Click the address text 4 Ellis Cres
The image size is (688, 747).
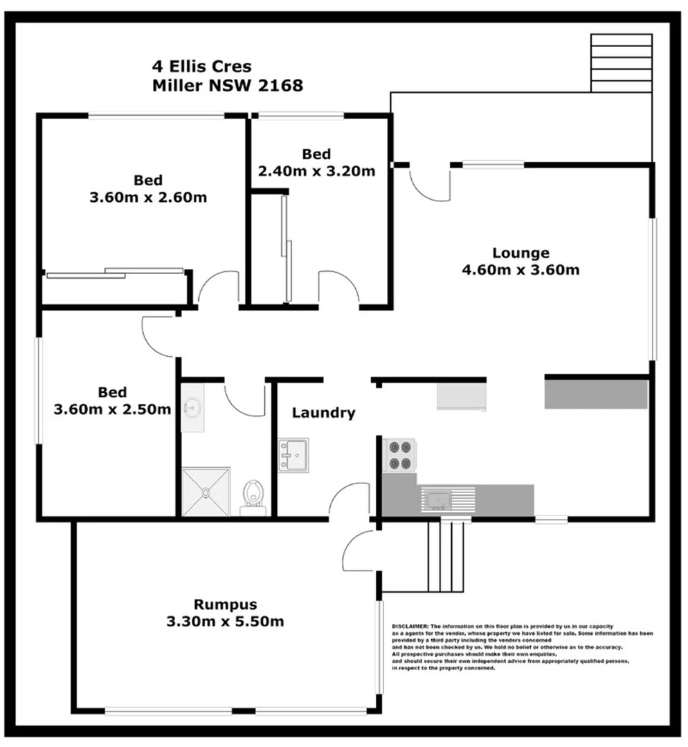pyautogui.click(x=201, y=67)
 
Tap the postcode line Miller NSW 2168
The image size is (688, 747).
pyautogui.click(x=227, y=86)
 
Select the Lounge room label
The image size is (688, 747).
pyautogui.click(x=520, y=252)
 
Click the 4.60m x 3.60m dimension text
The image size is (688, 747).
pyautogui.click(x=520, y=270)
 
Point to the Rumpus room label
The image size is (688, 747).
pyautogui.click(x=225, y=604)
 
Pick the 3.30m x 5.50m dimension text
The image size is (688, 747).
pyautogui.click(x=225, y=621)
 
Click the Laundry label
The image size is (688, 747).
pyautogui.click(x=323, y=413)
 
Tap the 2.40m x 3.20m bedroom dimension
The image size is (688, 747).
pyautogui.click(x=316, y=171)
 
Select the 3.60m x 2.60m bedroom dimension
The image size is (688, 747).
pyautogui.click(x=148, y=197)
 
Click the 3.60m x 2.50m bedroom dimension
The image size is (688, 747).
pyautogui.click(x=112, y=409)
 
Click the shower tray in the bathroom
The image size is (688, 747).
pyautogui.click(x=206, y=492)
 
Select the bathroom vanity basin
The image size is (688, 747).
pyautogui.click(x=192, y=409)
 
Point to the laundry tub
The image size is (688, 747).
pyautogui.click(x=293, y=454)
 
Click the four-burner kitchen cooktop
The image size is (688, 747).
pyautogui.click(x=399, y=455)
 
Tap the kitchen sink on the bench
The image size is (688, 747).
pyautogui.click(x=438, y=499)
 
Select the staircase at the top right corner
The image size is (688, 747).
pyautogui.click(x=621, y=63)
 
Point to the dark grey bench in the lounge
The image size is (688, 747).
pyautogui.click(x=596, y=394)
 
